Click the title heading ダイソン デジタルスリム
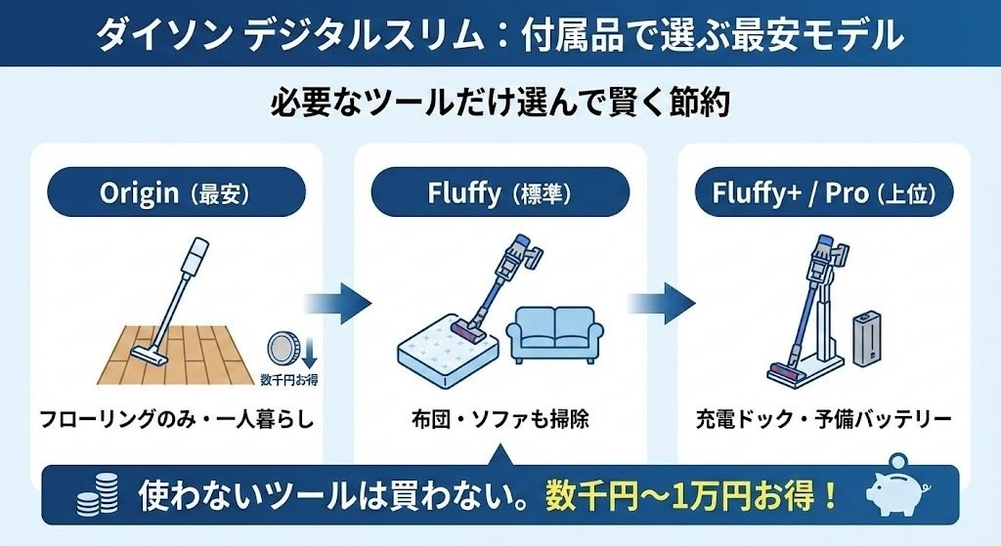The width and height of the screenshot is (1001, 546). pos(500,33)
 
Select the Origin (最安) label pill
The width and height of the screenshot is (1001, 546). pos(176,192)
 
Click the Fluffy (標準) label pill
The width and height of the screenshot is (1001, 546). pos(500,192)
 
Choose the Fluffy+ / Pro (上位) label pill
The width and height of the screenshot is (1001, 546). pos(823,192)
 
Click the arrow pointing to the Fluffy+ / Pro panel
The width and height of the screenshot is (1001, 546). pos(661,305)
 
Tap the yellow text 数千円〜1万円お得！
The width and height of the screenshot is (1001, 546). pos(693,494)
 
